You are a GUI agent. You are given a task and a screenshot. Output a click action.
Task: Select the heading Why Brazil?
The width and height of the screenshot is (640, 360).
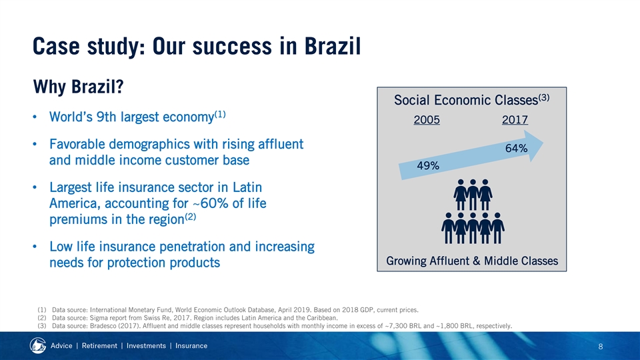(x=79, y=87)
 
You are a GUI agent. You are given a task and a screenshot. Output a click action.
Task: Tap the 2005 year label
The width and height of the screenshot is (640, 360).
(x=427, y=119)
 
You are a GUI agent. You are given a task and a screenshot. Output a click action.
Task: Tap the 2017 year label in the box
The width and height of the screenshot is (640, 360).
(x=515, y=119)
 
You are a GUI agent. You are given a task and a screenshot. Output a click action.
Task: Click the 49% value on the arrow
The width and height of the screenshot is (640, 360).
(x=428, y=166)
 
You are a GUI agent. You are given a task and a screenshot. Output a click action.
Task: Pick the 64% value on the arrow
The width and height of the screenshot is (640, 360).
(x=516, y=148)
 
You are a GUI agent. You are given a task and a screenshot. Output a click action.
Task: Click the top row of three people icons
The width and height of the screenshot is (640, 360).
(x=473, y=194)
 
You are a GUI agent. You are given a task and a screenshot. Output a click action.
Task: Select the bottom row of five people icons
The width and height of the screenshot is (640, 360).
(x=473, y=228)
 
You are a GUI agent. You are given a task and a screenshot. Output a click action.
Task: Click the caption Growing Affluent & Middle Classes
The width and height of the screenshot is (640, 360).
(x=472, y=261)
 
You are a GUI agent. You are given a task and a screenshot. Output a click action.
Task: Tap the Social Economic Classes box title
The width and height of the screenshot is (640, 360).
(x=471, y=100)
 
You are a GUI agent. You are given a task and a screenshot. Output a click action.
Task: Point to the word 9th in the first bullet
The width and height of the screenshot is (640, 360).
(x=106, y=117)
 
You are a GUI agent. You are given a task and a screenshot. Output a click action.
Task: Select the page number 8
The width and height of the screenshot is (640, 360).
(x=601, y=347)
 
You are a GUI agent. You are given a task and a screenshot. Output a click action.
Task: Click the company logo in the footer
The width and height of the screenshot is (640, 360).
(x=38, y=345)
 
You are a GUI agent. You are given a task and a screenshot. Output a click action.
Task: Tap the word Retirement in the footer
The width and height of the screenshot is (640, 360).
(x=99, y=346)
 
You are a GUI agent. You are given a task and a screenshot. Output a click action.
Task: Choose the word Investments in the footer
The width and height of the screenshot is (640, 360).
(x=146, y=346)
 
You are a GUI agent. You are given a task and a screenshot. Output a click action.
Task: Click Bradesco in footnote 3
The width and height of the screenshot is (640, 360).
(x=103, y=326)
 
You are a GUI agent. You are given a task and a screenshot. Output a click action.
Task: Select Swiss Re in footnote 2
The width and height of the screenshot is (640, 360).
(x=158, y=317)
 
